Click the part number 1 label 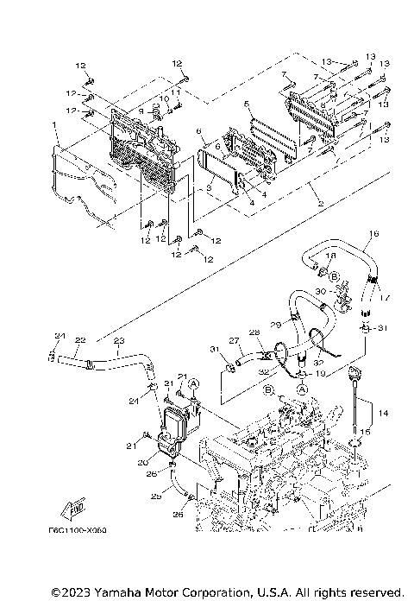pos(53,127)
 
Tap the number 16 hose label pos(373,235)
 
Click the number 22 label pos(79,340)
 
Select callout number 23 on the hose pos(119,340)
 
